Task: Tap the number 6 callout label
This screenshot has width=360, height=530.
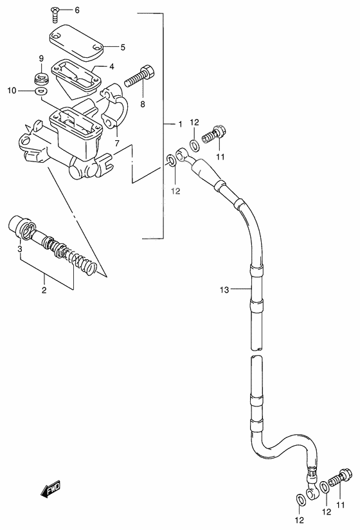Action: click(77, 10)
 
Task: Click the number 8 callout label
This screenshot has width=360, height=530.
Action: click(142, 103)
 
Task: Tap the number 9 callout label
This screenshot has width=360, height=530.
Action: click(40, 59)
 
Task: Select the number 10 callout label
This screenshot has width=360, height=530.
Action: click(11, 91)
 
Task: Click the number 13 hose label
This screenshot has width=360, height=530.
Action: click(224, 290)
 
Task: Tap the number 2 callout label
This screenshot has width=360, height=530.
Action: click(44, 290)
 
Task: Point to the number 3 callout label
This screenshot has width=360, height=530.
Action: click(20, 249)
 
